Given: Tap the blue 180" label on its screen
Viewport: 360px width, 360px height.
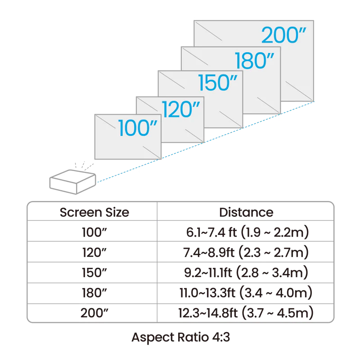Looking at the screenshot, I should [253, 61].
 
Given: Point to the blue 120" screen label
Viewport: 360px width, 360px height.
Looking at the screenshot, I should [180, 109].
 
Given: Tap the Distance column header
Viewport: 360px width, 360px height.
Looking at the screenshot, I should [245, 212].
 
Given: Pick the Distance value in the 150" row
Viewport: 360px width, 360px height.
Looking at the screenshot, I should [246, 273].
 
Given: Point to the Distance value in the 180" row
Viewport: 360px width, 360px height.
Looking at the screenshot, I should [246, 293].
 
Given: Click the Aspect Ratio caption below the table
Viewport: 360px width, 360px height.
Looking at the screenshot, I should [180, 337].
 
